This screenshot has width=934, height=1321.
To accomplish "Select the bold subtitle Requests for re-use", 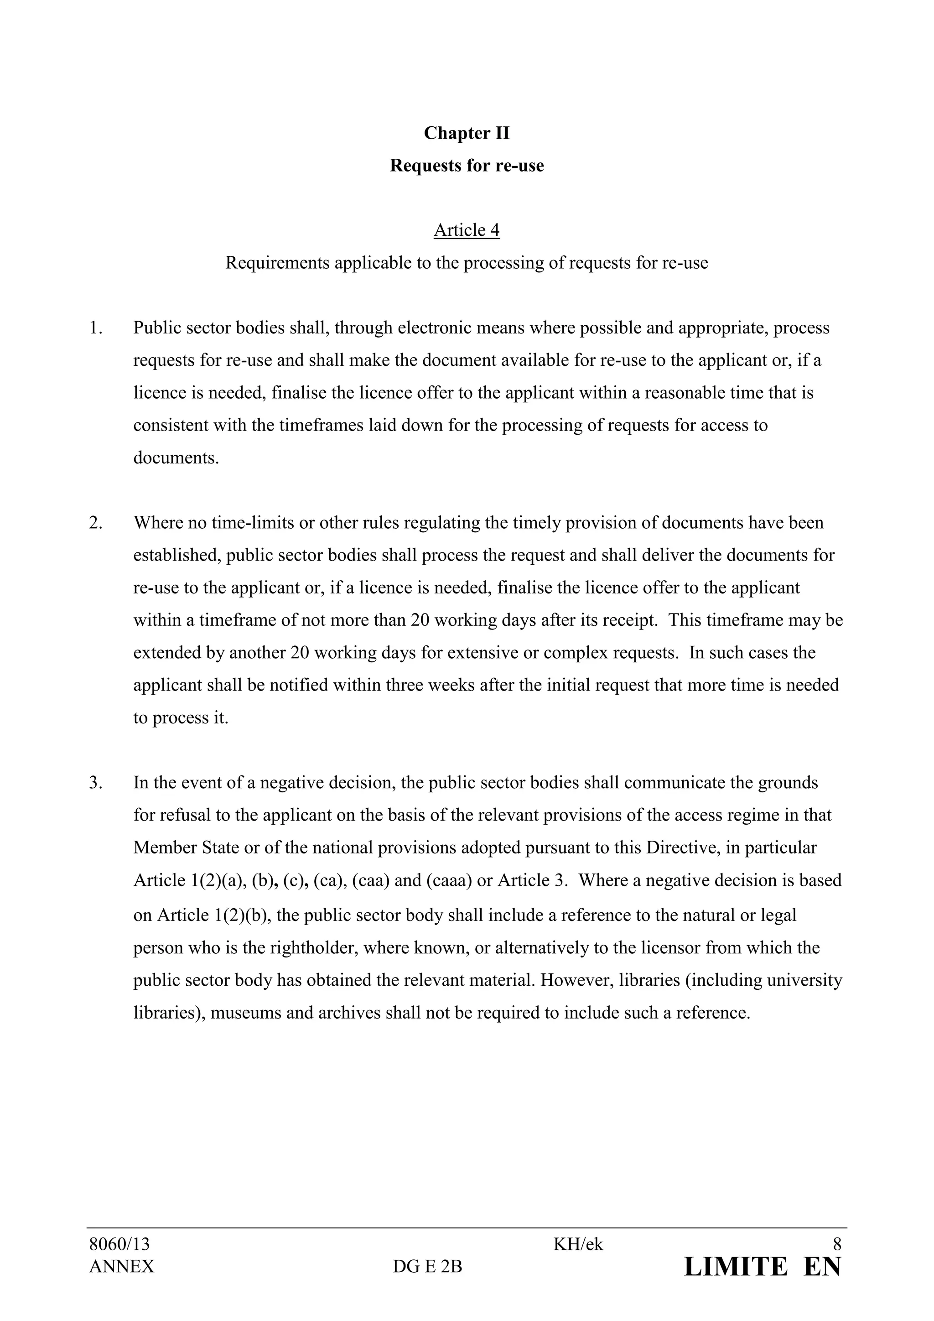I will (467, 166).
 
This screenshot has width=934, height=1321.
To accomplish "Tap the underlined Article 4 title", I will (467, 230).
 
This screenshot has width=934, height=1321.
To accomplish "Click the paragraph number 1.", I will (95, 328).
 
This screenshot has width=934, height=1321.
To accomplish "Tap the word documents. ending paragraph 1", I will (176, 458).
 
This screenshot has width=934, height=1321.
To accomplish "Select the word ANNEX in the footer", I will (121, 1266).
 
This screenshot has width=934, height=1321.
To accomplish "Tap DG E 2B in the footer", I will (427, 1267).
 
